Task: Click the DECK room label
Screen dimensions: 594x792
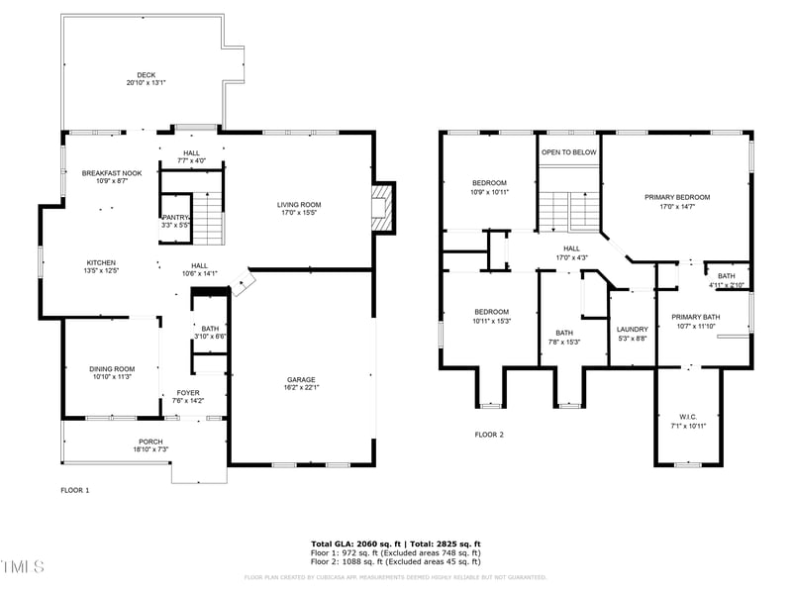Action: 146,75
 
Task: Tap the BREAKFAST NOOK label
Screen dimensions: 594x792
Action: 111,173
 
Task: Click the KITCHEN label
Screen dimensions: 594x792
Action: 101,262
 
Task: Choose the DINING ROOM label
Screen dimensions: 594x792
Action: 111,368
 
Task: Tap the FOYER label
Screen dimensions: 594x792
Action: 188,393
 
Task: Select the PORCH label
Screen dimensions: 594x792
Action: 150,442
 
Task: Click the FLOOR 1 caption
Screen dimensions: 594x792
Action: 75,490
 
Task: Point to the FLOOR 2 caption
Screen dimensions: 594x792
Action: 489,435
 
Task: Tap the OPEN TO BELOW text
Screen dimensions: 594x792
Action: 568,152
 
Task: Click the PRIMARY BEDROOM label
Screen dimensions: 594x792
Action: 676,197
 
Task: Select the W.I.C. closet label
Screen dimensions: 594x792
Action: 688,416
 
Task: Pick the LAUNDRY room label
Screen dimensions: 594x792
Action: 632,330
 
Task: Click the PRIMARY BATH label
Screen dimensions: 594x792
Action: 692,317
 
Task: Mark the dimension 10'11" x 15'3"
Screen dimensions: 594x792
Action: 490,320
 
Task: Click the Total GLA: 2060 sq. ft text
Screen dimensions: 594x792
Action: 354,544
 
